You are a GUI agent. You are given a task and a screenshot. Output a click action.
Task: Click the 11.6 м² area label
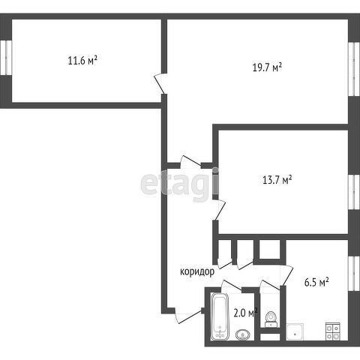pos(82,61)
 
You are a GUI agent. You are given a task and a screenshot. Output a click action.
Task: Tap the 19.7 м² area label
pos(267,67)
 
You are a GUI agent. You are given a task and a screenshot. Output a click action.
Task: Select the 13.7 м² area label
pos(277,180)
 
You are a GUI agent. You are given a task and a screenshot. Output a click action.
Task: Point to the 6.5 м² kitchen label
pos(316,282)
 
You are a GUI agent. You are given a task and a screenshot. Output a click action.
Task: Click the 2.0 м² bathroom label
pos(245,313)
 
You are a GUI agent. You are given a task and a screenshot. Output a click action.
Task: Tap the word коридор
pos(197,271)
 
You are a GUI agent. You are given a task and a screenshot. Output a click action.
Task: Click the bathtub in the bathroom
pos(220,316)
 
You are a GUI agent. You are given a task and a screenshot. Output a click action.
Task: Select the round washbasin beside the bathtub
pos(243,334)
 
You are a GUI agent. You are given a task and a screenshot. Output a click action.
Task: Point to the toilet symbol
pos(271,319)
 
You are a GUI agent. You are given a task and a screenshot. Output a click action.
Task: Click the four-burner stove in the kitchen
pos(333,331)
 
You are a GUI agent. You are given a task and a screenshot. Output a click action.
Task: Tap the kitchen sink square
pos(295,331)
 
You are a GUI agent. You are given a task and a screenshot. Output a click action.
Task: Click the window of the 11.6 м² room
pos(6,58)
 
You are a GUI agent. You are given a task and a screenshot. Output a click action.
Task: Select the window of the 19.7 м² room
pos(354,69)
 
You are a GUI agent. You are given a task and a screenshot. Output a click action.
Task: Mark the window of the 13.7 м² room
pos(354,192)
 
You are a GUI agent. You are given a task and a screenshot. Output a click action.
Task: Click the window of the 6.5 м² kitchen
pos(354,274)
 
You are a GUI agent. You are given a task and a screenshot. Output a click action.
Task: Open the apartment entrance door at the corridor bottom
pos(188,317)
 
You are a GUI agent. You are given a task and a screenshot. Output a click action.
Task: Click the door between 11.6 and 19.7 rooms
pos(160,83)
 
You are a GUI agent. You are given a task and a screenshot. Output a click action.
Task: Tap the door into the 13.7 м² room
pos(220,210)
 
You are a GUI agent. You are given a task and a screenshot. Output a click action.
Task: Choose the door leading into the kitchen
pos(286,275)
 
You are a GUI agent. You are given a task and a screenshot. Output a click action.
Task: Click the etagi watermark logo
pos(179,184)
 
